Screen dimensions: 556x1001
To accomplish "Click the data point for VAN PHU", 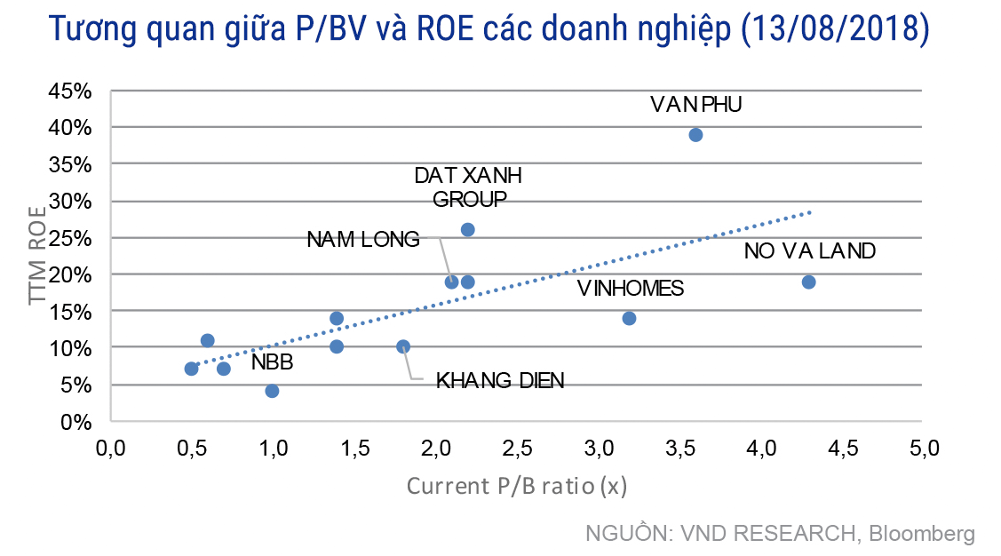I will click(x=695, y=135).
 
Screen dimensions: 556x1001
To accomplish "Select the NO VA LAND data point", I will click(x=808, y=282).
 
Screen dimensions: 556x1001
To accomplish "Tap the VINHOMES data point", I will click(x=629, y=318).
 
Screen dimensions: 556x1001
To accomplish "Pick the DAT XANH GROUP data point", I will click(x=467, y=230).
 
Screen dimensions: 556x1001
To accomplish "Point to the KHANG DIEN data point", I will click(x=402, y=346).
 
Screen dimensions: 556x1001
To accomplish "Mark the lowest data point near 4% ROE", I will click(x=272, y=391).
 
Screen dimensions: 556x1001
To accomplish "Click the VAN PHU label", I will click(x=695, y=105).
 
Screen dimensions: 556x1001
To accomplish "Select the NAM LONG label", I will click(x=362, y=239).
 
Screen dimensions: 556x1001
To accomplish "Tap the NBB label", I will click(x=272, y=362).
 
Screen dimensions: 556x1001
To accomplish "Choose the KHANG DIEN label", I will click(x=500, y=381).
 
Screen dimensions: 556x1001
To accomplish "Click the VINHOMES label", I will click(x=631, y=289).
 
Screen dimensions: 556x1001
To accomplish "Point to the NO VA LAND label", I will click(x=810, y=251).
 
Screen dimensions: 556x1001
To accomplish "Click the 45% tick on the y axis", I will click(x=71, y=91).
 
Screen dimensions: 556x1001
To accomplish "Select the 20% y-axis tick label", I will click(x=71, y=274).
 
